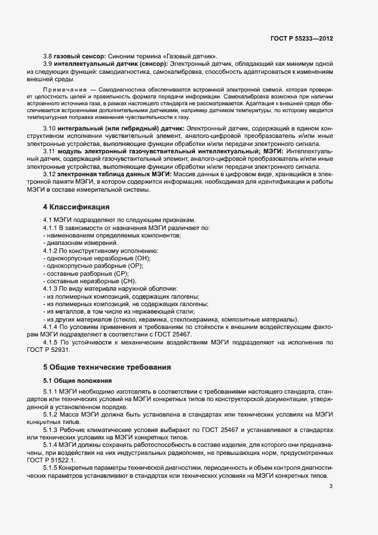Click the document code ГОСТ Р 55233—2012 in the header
(x=301, y=39)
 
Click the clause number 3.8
(x=47, y=56)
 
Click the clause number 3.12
(x=49, y=174)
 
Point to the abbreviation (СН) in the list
(x=128, y=282)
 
